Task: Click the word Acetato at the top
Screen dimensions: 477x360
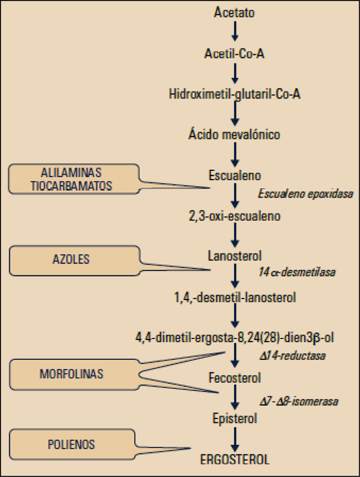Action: click(x=235, y=13)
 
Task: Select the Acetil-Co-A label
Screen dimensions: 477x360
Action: click(x=235, y=53)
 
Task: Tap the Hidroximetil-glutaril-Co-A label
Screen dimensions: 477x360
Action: click(x=235, y=94)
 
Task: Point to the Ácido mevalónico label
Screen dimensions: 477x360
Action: click(x=235, y=134)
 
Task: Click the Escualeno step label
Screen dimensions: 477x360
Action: click(x=235, y=175)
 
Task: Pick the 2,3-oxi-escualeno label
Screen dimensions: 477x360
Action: click(x=235, y=216)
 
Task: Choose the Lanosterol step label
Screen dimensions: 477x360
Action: click(x=235, y=256)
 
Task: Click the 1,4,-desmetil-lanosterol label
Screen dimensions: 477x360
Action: click(x=235, y=298)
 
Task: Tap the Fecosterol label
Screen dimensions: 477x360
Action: click(x=235, y=378)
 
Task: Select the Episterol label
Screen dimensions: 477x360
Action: click(x=235, y=418)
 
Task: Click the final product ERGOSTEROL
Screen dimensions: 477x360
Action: click(x=235, y=459)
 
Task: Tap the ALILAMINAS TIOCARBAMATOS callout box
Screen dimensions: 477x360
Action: click(x=73, y=179)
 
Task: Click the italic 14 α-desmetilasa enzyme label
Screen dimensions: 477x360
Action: click(x=296, y=272)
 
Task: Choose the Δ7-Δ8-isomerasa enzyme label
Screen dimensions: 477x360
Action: click(x=298, y=401)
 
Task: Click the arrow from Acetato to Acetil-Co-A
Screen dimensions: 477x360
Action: click(x=235, y=32)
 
